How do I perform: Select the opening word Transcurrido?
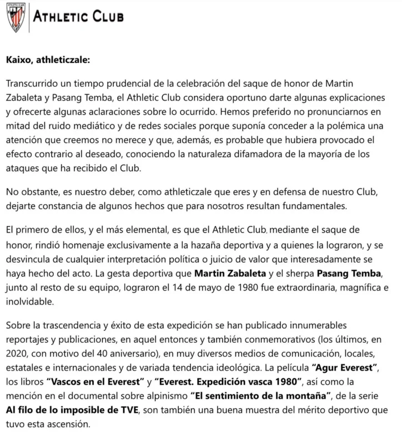tap(35, 83)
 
